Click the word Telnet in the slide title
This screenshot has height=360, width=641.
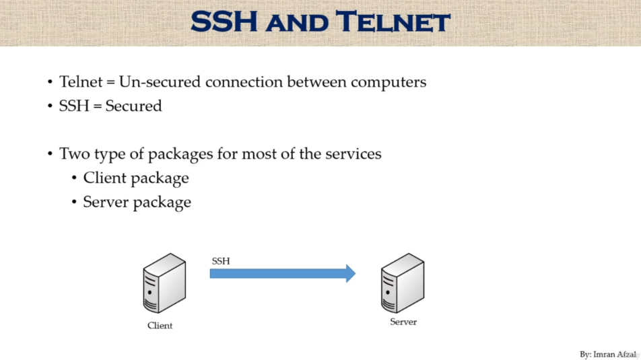[393, 22]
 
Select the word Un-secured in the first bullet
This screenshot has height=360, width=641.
[160, 82]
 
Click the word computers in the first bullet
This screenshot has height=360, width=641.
[389, 82]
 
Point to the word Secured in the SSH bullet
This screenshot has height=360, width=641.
[133, 106]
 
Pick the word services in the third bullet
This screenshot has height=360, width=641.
[351, 154]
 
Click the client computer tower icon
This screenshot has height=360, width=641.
[164, 283]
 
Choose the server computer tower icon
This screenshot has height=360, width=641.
[402, 283]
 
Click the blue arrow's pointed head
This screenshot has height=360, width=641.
[350, 273]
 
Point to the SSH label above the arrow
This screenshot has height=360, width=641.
[221, 261]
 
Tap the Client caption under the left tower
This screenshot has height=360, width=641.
[160, 326]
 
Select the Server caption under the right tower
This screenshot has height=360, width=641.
[403, 322]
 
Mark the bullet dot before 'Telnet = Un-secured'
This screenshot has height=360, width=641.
[50, 83]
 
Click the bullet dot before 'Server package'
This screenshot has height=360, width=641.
[74, 203]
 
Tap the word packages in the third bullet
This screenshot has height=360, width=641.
[180, 155]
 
